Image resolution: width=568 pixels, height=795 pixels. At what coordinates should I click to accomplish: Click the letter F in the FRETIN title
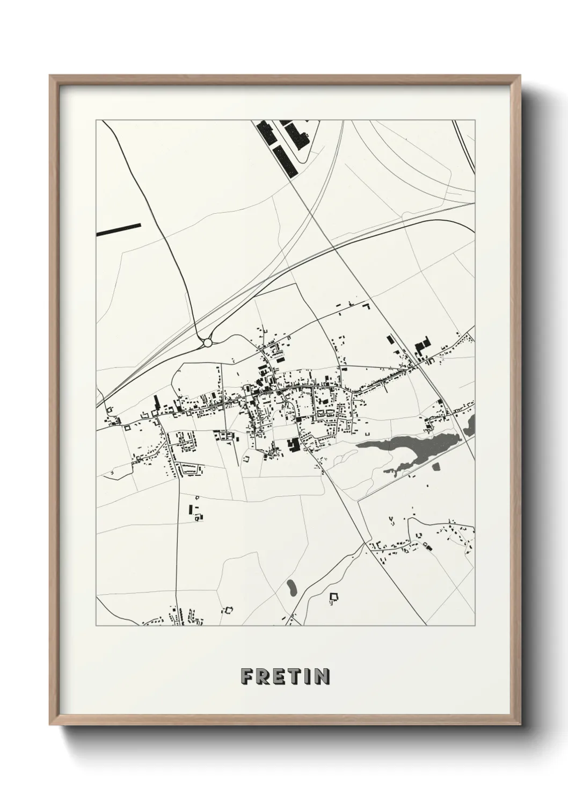(x=247, y=676)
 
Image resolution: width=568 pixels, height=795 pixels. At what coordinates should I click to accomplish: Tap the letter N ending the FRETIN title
(x=322, y=676)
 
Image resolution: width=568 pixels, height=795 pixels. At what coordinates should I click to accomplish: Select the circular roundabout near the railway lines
(x=208, y=342)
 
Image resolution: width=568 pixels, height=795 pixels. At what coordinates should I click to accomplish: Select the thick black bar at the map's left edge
(x=119, y=229)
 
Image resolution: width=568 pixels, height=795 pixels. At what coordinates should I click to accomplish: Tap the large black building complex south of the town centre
(x=294, y=445)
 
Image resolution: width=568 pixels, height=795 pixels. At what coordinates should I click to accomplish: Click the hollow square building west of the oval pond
(x=229, y=610)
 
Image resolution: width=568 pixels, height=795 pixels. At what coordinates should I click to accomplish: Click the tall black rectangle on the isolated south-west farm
(x=191, y=509)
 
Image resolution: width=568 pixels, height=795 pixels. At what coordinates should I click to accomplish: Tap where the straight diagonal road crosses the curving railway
(x=333, y=248)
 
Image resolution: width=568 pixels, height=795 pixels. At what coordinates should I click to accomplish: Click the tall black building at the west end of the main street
(x=157, y=403)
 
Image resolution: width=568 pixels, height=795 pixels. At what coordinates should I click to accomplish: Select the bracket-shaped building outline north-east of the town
(x=367, y=306)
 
